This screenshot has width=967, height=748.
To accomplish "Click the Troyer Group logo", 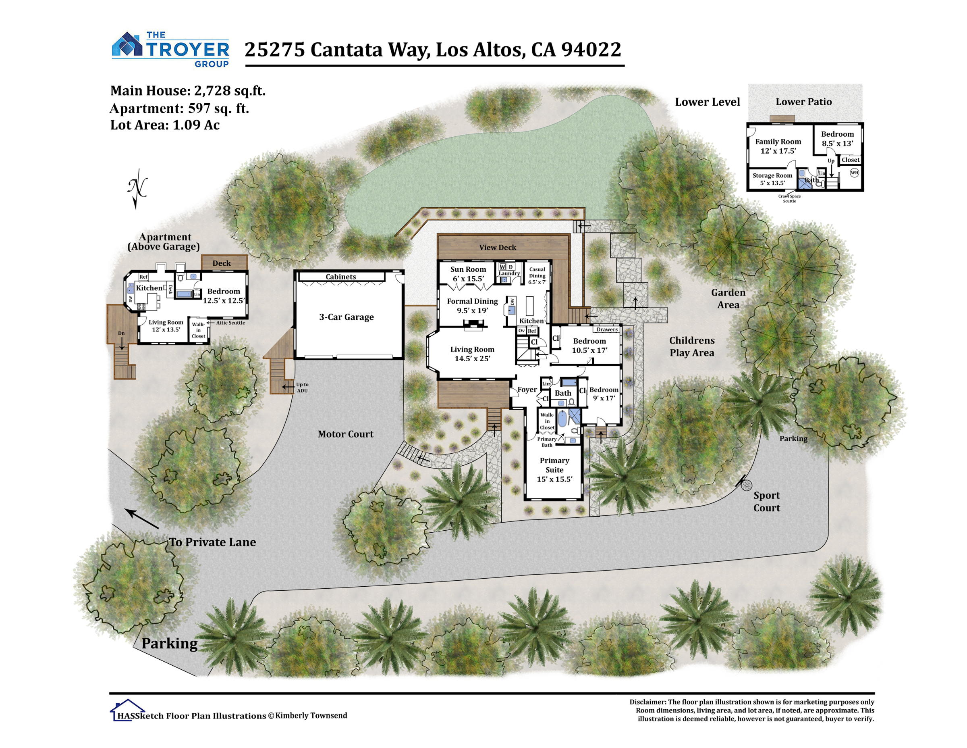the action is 170,49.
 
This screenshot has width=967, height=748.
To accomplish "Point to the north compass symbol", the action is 138,188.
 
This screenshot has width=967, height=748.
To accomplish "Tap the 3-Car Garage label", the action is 346,317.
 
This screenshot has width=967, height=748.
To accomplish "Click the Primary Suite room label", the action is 554,470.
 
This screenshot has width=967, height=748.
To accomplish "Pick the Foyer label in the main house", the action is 527,390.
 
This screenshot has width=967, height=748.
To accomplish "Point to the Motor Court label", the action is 345,434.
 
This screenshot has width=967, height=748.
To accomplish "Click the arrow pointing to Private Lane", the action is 141,519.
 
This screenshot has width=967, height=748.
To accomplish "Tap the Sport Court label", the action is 766,502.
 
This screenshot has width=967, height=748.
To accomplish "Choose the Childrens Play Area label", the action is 691,346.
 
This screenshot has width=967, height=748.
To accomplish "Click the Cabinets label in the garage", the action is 340,277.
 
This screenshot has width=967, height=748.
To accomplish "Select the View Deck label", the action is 497,247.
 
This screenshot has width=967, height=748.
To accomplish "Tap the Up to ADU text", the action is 303,387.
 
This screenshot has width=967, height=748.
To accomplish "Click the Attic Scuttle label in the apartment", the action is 230,323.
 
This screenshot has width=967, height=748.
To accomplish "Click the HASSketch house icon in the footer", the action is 127,710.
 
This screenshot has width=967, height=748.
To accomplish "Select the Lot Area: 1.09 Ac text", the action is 165,125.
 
